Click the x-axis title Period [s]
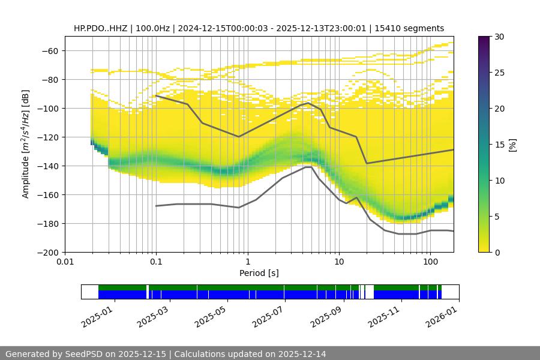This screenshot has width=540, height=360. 259,273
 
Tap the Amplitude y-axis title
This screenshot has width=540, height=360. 25,144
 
